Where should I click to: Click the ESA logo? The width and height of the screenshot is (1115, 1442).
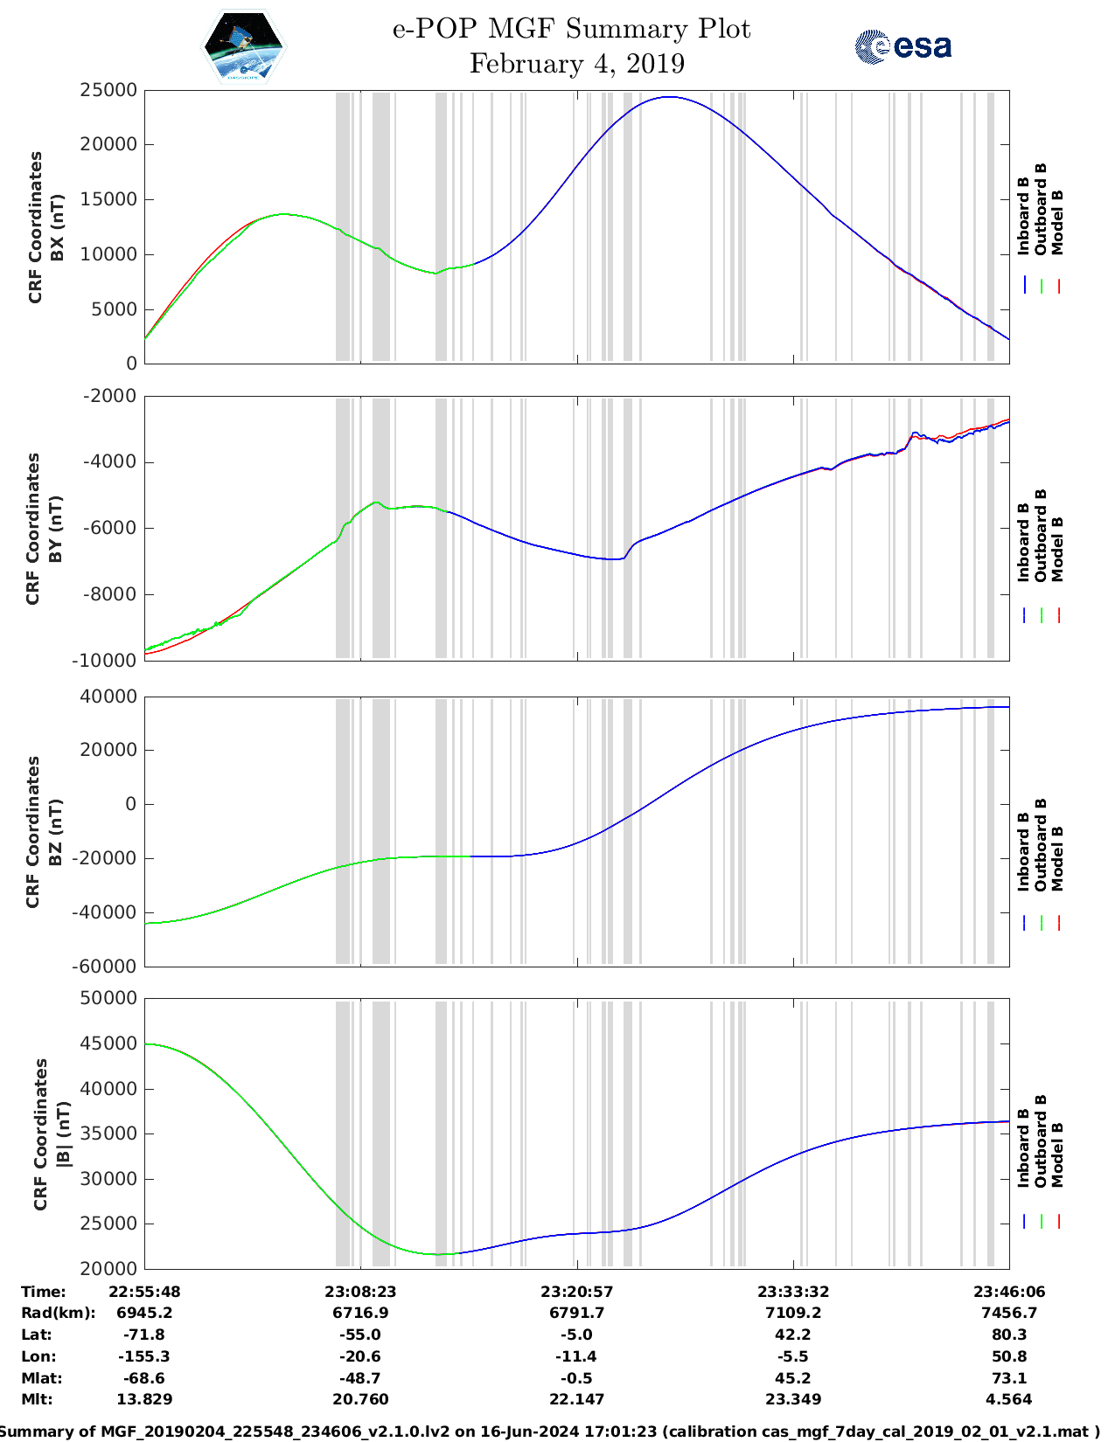[x=903, y=46]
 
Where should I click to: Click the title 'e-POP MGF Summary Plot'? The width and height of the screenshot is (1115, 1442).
[x=571, y=29]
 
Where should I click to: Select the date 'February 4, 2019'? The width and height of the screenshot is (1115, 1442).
[x=577, y=64]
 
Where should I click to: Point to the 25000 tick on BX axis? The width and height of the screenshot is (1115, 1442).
[x=108, y=90]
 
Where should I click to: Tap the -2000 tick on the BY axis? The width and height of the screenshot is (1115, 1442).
[x=108, y=396]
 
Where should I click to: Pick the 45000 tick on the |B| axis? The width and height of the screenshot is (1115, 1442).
[x=108, y=1043]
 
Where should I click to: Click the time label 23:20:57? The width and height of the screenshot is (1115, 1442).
[x=576, y=1292]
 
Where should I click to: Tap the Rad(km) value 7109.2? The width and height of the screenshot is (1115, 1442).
[x=792, y=1313]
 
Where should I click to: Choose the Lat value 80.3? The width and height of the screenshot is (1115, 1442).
[x=1009, y=1335]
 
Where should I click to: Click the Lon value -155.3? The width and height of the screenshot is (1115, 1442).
[x=144, y=1356]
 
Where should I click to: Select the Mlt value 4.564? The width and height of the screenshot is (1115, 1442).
[x=1009, y=1399]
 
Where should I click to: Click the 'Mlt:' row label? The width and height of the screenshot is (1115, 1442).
[x=37, y=1399]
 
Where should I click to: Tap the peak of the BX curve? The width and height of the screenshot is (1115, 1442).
[x=668, y=97]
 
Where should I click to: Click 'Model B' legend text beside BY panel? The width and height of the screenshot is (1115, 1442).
[x=1057, y=550]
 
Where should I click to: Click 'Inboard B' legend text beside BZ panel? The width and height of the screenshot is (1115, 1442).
[x=1023, y=852]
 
